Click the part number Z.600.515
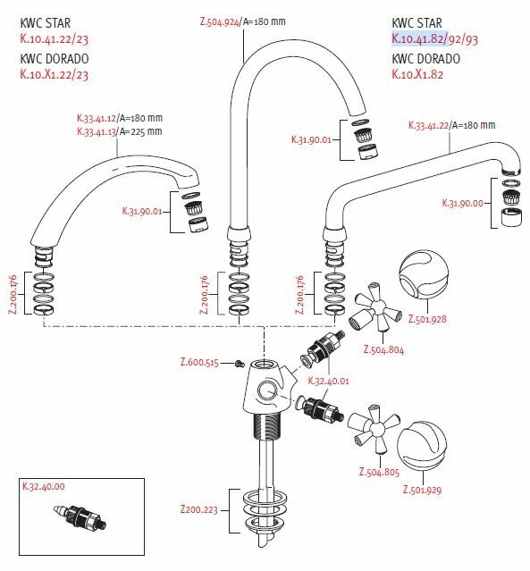tap(199, 362)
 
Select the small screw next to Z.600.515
tap(240, 363)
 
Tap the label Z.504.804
tap(383, 349)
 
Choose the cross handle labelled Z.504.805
tap(374, 428)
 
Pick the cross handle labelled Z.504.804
tap(376, 307)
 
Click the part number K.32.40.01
tap(328, 381)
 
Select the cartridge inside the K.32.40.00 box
tap(80, 516)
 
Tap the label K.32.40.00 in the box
tap(44, 486)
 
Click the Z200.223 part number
tap(199, 508)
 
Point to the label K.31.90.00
tap(462, 203)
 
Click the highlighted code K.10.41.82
tap(417, 38)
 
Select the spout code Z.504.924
tap(220, 21)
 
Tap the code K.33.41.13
tap(97, 131)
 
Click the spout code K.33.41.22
tap(429, 125)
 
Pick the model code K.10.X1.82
tap(417, 74)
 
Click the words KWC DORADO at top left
tap(55, 59)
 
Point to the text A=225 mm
tap(141, 131)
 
